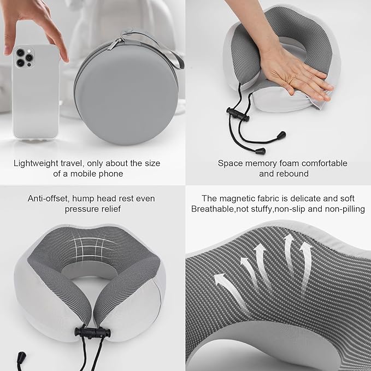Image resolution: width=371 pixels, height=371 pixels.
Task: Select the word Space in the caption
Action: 229,163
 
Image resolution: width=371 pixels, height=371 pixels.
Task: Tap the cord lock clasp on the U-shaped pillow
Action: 89,333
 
